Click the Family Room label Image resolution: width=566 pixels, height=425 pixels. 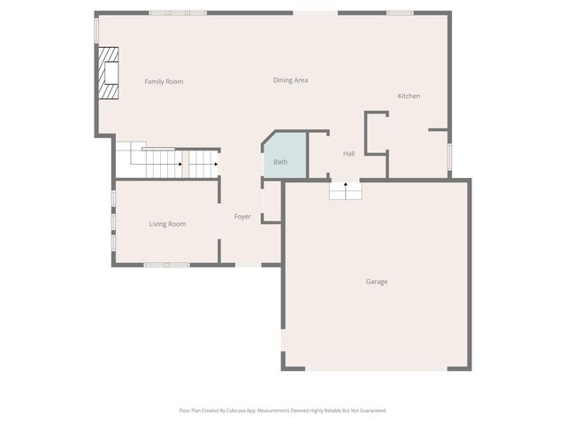click(x=164, y=81)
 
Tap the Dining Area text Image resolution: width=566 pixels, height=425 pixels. click(x=290, y=81)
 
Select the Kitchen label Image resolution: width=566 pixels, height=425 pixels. click(x=409, y=96)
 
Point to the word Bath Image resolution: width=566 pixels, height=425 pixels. click(x=280, y=162)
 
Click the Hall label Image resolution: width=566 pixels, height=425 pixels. click(x=348, y=154)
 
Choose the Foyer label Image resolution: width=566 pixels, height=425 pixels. click(x=242, y=217)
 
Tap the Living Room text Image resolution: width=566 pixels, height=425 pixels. click(x=167, y=224)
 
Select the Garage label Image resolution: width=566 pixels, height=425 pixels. click(x=377, y=282)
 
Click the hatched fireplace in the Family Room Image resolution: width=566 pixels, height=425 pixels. click(x=108, y=73)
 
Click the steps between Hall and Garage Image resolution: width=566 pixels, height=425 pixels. click(x=345, y=190)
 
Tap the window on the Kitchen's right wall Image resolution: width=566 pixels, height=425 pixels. click(x=449, y=156)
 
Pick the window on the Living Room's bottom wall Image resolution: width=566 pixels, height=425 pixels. click(x=166, y=265)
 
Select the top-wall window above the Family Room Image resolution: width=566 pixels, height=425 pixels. click(x=177, y=13)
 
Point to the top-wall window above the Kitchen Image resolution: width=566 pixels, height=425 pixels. click(x=400, y=13)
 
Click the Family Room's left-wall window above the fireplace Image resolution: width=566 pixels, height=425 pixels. click(x=96, y=29)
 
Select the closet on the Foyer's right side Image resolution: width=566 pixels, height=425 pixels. click(x=272, y=201)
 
